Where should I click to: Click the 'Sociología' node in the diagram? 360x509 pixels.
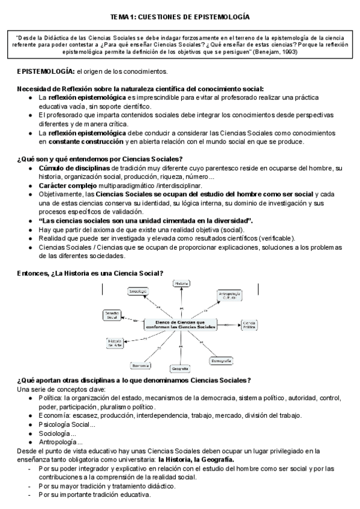click(x=138, y=291)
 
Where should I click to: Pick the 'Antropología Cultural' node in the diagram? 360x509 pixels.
click(x=227, y=295)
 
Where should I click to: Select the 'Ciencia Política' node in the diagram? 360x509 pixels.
click(x=249, y=325)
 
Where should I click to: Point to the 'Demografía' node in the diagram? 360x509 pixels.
click(x=220, y=361)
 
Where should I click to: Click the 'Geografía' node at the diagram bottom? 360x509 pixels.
click(x=180, y=368)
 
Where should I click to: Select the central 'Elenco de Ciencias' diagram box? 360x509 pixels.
click(x=180, y=325)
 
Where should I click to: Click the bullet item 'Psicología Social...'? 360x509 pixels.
click(x=66, y=424)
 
